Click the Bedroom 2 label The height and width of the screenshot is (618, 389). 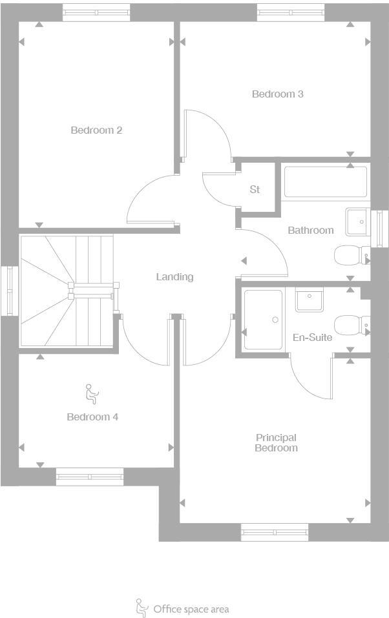(x=96, y=130)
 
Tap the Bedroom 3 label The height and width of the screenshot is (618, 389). (x=277, y=94)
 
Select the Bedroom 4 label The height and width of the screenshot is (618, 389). (x=92, y=417)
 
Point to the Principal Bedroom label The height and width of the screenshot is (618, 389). (x=276, y=443)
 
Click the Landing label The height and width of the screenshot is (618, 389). (x=174, y=277)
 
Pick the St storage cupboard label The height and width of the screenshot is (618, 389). (x=255, y=190)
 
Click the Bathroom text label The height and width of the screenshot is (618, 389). (x=311, y=231)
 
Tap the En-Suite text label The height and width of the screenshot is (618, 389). (x=312, y=338)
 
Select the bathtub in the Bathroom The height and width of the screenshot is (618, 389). (x=325, y=182)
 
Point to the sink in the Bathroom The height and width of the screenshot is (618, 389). (x=357, y=221)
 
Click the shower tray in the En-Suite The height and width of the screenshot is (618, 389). (x=263, y=320)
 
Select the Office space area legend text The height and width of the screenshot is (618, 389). (x=191, y=609)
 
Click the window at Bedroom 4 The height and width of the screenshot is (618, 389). (x=89, y=477)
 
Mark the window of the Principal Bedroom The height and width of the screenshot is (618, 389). (x=275, y=532)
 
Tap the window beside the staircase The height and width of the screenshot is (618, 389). (x=8, y=291)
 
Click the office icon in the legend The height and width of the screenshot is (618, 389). (x=140, y=608)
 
